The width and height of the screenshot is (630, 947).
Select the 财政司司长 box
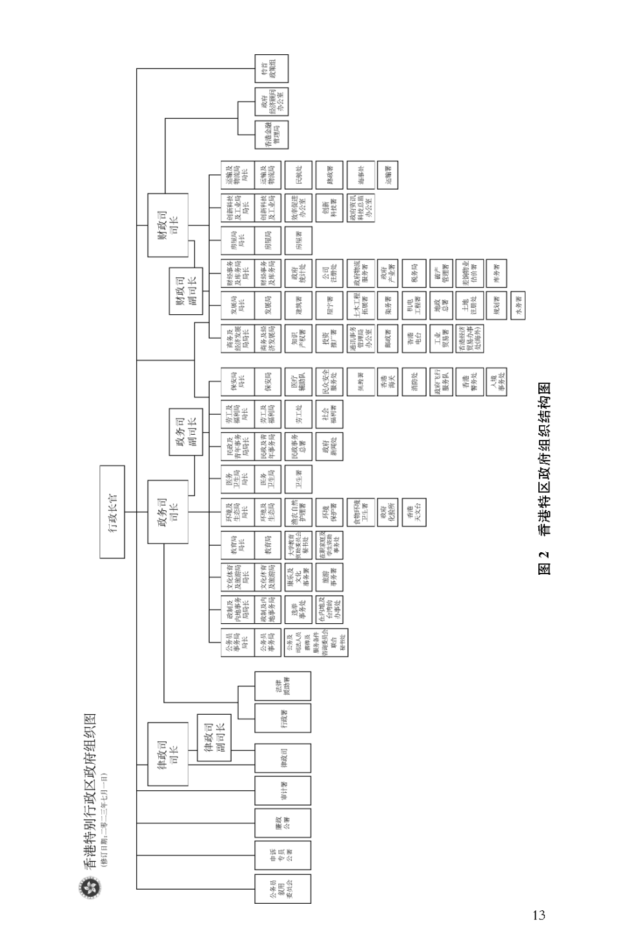[x=168, y=224]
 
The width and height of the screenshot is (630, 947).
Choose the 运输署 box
[x=388, y=174]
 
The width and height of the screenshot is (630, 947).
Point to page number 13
[x=539, y=915]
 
